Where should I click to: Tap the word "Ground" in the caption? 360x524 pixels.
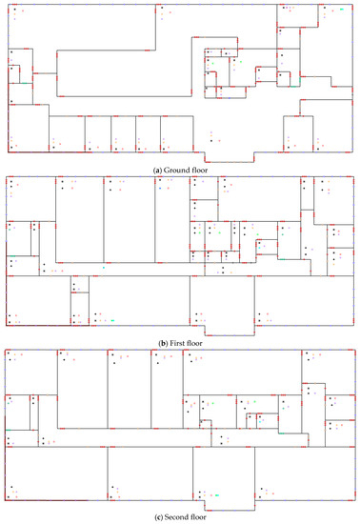pyautogui.click(x=175, y=171)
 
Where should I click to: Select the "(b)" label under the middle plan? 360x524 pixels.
pyautogui.click(x=163, y=343)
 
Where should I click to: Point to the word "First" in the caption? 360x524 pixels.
pyautogui.click(x=176, y=343)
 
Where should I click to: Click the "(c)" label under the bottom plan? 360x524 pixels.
pyautogui.click(x=159, y=517)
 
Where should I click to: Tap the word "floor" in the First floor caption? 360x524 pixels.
pyautogui.click(x=194, y=343)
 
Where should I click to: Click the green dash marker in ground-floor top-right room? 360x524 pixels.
pyautogui.click(x=341, y=10)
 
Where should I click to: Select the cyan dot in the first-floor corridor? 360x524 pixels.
pyautogui.click(x=104, y=268)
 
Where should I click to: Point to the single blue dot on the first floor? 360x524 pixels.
pyautogui.click(x=160, y=189)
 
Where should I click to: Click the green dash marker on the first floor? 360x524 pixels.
pyautogui.click(x=112, y=320)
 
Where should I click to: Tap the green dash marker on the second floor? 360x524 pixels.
pyautogui.click(x=217, y=495)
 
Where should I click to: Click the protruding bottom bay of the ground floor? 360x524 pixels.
pyautogui.click(x=230, y=157)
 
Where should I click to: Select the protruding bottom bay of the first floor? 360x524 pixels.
pyautogui.click(x=230, y=331)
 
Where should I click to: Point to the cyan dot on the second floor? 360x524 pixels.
pyautogui.click(x=260, y=422)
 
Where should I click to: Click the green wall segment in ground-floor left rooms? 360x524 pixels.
pyautogui.click(x=24, y=83)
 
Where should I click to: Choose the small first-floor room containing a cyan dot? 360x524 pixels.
pyautogui.click(x=267, y=247)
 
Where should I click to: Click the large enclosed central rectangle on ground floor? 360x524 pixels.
pyautogui.click(x=124, y=73)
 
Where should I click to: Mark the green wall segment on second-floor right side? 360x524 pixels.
pyautogui.click(x=282, y=433)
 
